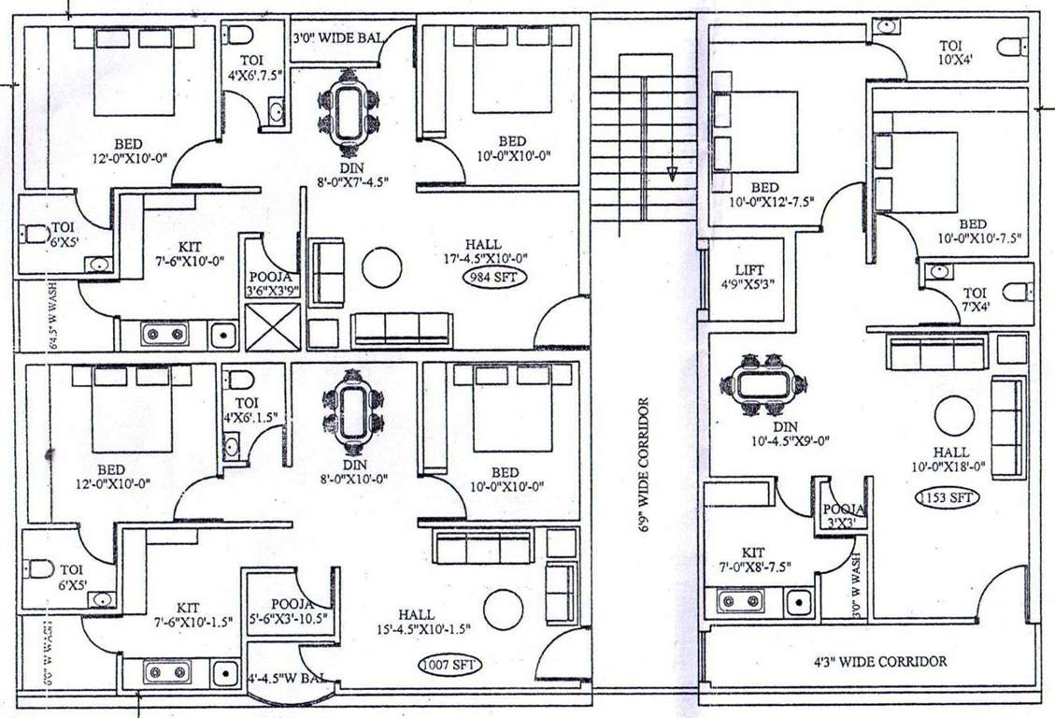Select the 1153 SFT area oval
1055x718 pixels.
click(948, 497)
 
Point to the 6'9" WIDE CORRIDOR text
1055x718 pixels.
click(643, 466)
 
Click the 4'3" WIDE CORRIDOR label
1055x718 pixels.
click(879, 662)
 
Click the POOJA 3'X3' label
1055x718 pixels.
click(844, 515)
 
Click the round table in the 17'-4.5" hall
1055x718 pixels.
click(381, 267)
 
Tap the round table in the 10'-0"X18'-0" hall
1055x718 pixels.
click(954, 416)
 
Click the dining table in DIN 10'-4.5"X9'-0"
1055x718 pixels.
click(763, 383)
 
